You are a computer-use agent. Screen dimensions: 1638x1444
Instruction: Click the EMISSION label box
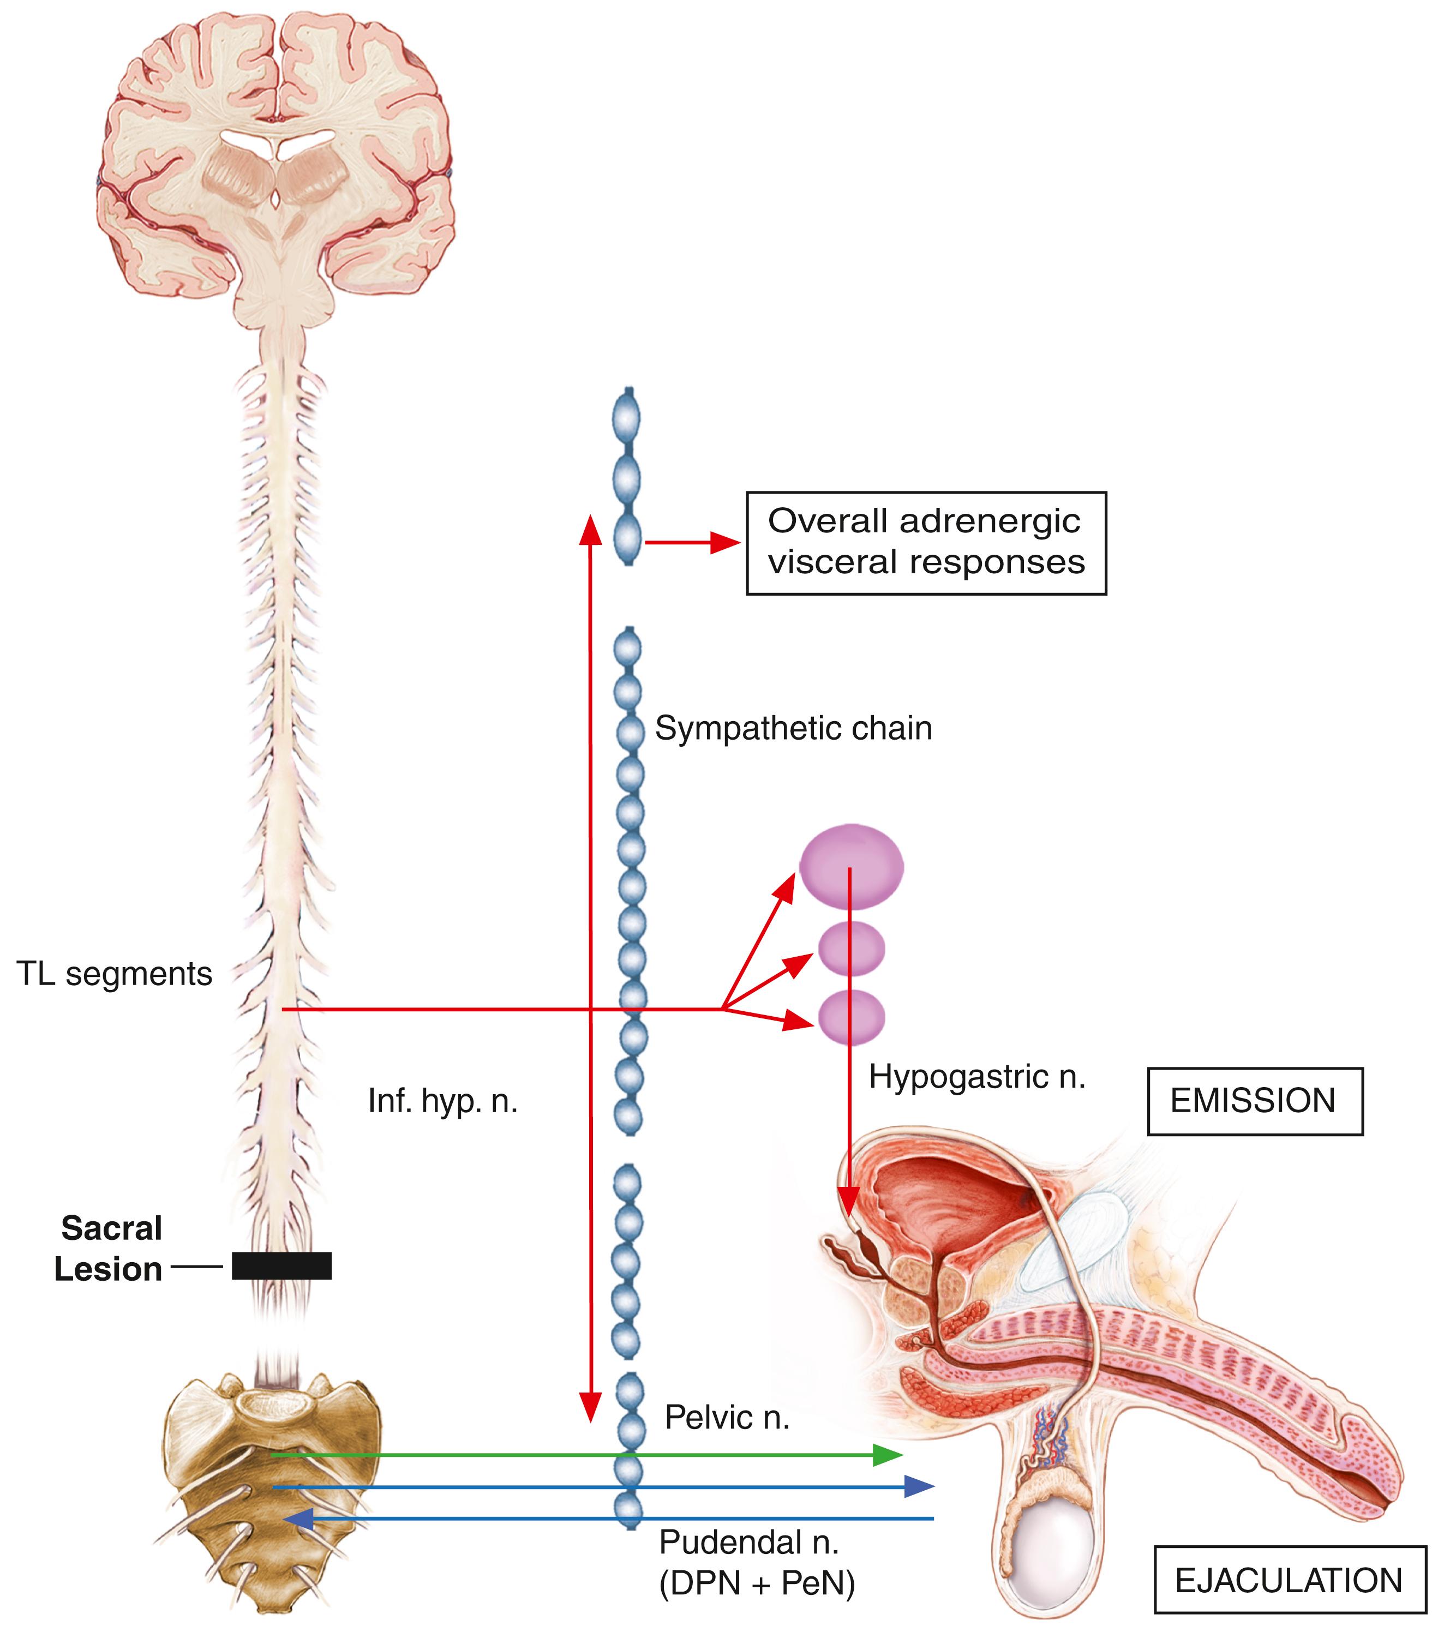pyautogui.click(x=1254, y=1101)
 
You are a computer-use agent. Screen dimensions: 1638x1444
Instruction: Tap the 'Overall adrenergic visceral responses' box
pyautogui.click(x=926, y=543)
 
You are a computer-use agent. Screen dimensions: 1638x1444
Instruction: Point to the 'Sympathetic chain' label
pyautogui.click(x=793, y=728)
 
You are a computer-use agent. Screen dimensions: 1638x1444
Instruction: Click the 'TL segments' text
pyautogui.click(x=114, y=974)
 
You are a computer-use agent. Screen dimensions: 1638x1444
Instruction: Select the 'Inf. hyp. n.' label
pyautogui.click(x=442, y=1101)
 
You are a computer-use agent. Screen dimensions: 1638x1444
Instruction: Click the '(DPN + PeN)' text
pyautogui.click(x=757, y=1583)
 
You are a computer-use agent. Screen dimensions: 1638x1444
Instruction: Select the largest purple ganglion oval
pyautogui.click(x=851, y=866)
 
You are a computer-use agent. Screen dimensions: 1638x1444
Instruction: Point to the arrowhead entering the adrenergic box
pyautogui.click(x=725, y=543)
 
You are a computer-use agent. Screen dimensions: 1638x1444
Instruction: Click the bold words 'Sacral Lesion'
pyautogui.click(x=110, y=1249)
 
